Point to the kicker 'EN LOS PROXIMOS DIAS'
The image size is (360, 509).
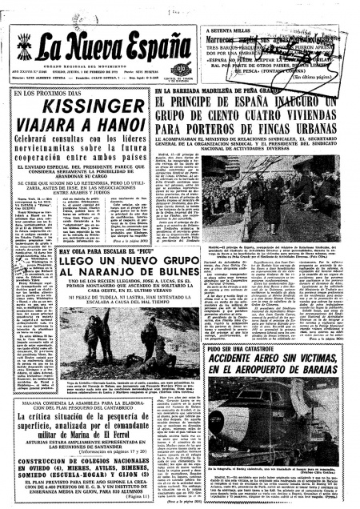(x=45, y=94)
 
